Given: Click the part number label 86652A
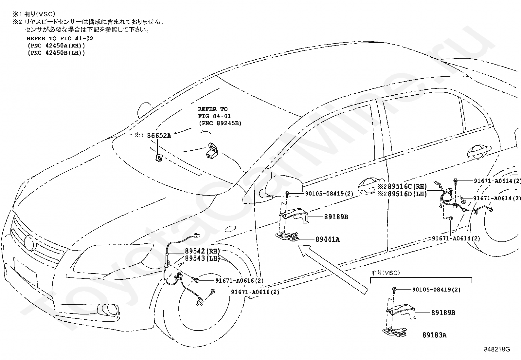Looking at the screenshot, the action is [159, 136].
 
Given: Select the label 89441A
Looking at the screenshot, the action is [328, 239].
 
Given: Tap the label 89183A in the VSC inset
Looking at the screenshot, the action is [435, 335].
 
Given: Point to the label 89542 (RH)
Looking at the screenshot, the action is [202, 251].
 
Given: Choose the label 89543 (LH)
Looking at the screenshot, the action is [202, 258].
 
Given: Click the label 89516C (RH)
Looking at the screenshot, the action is [407, 186].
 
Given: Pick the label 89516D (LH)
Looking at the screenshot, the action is [407, 194].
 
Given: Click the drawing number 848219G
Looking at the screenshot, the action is [497, 349].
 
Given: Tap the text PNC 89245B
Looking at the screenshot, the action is [220, 123].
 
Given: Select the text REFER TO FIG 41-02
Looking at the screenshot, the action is [60, 38].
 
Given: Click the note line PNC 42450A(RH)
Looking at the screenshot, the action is [56, 46].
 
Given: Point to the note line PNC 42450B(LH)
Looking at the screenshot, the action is [56, 53].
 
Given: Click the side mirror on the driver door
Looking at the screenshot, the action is [283, 186].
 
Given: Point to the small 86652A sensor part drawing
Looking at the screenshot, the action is [159, 158].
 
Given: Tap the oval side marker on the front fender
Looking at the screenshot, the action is [230, 229].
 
